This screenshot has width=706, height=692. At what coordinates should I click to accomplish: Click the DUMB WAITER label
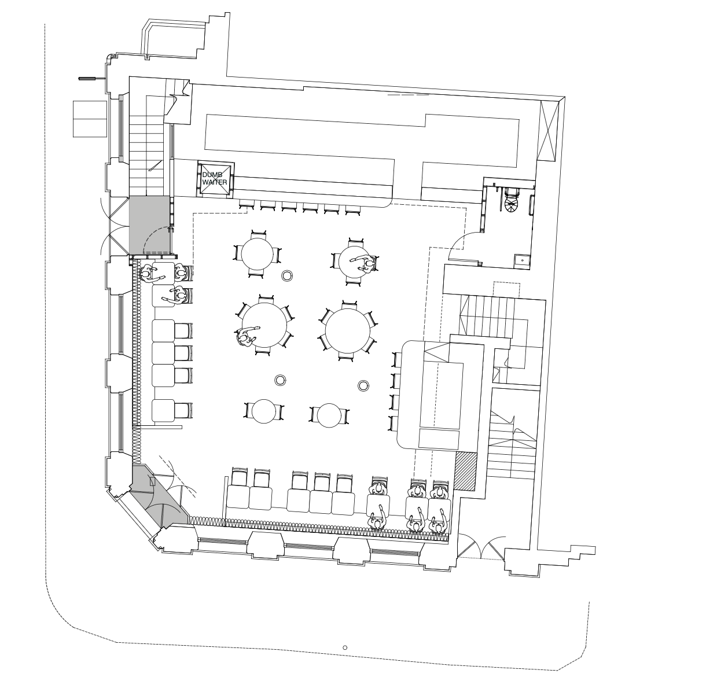(214, 178)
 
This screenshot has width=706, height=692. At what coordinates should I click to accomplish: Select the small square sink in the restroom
(521, 260)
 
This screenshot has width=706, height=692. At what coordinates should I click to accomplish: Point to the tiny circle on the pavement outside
(345, 647)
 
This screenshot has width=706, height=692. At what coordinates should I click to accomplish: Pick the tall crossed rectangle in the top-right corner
(549, 131)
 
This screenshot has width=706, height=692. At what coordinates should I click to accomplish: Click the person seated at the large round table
(247, 336)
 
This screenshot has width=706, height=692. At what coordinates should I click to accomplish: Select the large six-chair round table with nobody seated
(347, 331)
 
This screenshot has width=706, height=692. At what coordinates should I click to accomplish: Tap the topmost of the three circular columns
(287, 275)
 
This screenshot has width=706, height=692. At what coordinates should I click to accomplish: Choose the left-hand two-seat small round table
(264, 411)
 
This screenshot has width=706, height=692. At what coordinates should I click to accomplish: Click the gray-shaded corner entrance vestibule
(160, 497)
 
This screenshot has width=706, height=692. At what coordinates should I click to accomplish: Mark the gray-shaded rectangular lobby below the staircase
(150, 225)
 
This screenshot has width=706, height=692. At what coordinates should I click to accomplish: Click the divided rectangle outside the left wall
(90, 119)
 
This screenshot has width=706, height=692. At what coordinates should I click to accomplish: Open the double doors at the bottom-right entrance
(481, 547)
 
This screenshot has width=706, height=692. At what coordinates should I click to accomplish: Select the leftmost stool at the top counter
(247, 205)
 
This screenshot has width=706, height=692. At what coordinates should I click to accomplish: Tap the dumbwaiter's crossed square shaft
(215, 178)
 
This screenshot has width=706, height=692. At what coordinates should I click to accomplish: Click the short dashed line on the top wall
(408, 94)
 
